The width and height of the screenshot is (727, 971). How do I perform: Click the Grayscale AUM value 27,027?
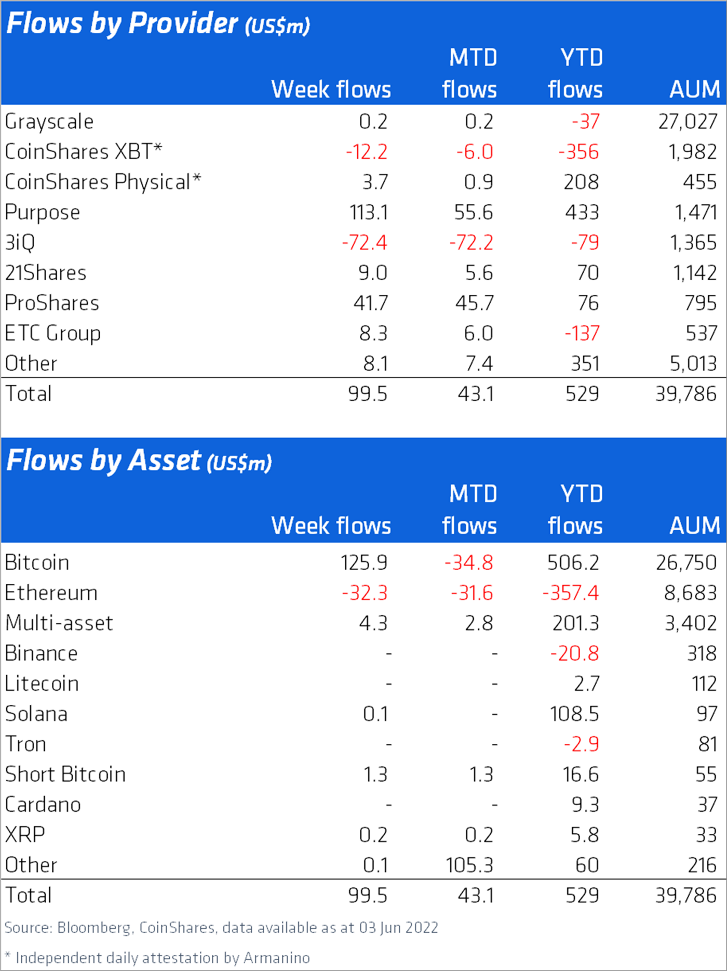(688, 122)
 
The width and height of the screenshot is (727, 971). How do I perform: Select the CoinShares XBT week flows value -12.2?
(367, 152)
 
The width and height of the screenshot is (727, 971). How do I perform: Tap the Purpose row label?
(43, 213)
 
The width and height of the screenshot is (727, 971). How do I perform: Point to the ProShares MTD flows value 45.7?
(474, 303)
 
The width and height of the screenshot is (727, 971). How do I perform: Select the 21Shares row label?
(46, 273)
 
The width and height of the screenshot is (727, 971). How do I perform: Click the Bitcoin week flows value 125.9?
(363, 562)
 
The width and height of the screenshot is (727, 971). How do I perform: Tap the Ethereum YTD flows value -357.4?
(570, 593)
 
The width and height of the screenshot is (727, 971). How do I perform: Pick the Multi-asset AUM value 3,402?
(691, 623)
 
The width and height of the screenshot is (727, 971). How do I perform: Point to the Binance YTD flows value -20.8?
(574, 653)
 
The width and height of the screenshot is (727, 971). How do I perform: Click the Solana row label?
(36, 714)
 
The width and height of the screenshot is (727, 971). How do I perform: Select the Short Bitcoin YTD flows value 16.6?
(581, 775)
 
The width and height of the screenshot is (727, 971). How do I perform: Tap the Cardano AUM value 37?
(707, 805)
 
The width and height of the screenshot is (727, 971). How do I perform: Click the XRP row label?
(25, 835)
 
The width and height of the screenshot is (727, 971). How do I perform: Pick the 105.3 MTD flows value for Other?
(469, 865)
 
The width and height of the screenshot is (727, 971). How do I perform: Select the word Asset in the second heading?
(164, 461)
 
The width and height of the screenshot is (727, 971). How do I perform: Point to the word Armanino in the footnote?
(277, 958)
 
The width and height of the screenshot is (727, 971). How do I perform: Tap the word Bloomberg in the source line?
(94, 928)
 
